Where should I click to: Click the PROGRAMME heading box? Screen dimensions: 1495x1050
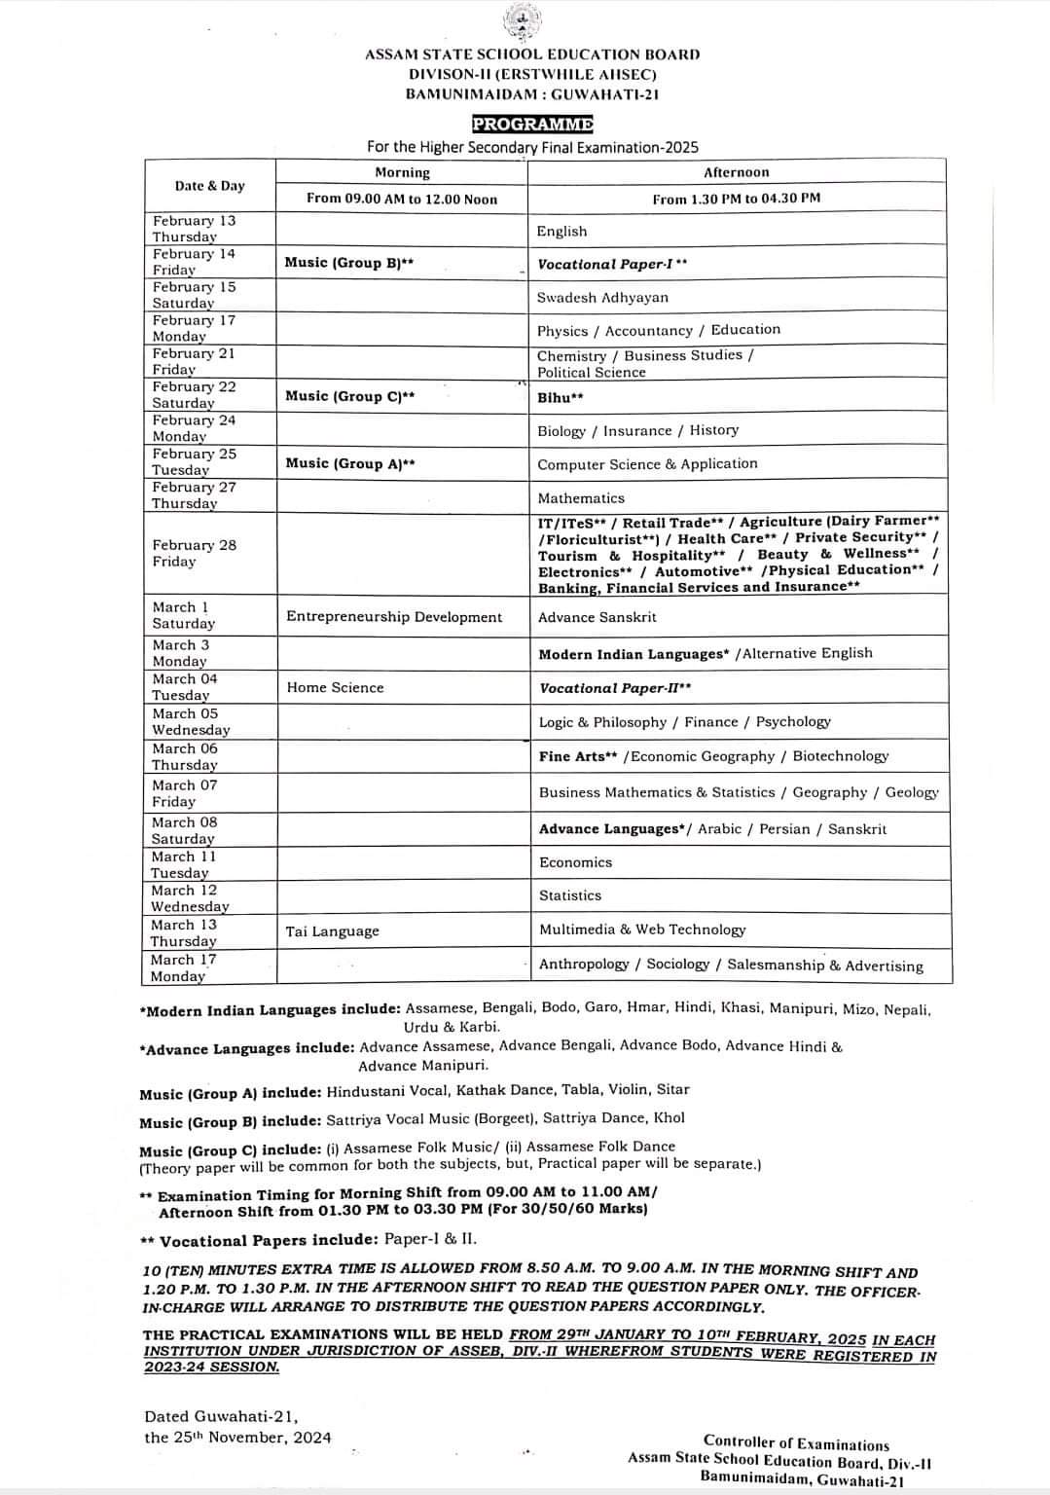[x=532, y=124]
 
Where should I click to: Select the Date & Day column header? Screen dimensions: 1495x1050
[x=210, y=186]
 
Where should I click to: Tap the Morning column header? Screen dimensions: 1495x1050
[x=402, y=172]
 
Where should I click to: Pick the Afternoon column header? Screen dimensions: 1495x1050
[x=736, y=172]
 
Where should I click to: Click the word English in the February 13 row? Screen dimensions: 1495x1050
[x=561, y=231]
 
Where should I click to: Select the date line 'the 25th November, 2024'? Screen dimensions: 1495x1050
[x=237, y=1438]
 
